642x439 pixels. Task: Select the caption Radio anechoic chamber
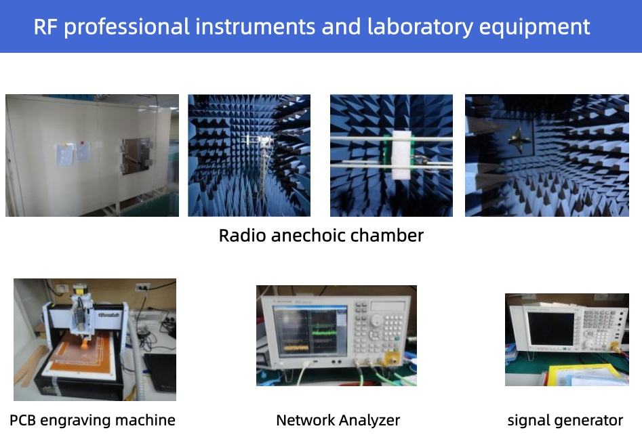coord(321,236)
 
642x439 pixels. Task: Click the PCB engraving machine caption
coord(92,421)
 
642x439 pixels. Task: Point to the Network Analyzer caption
coord(338,421)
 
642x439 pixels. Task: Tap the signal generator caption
coord(565,421)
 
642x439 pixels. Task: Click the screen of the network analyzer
coord(310,331)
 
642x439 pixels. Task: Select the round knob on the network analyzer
coord(377,320)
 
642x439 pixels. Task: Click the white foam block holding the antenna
coord(401,155)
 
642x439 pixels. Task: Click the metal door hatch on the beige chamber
coord(136,156)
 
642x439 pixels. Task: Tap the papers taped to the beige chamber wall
coord(73,153)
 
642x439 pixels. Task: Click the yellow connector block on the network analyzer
coord(391,359)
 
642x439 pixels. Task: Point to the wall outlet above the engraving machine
coord(142,287)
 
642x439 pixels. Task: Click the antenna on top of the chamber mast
coord(259,140)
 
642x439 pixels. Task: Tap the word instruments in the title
coord(255,27)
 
